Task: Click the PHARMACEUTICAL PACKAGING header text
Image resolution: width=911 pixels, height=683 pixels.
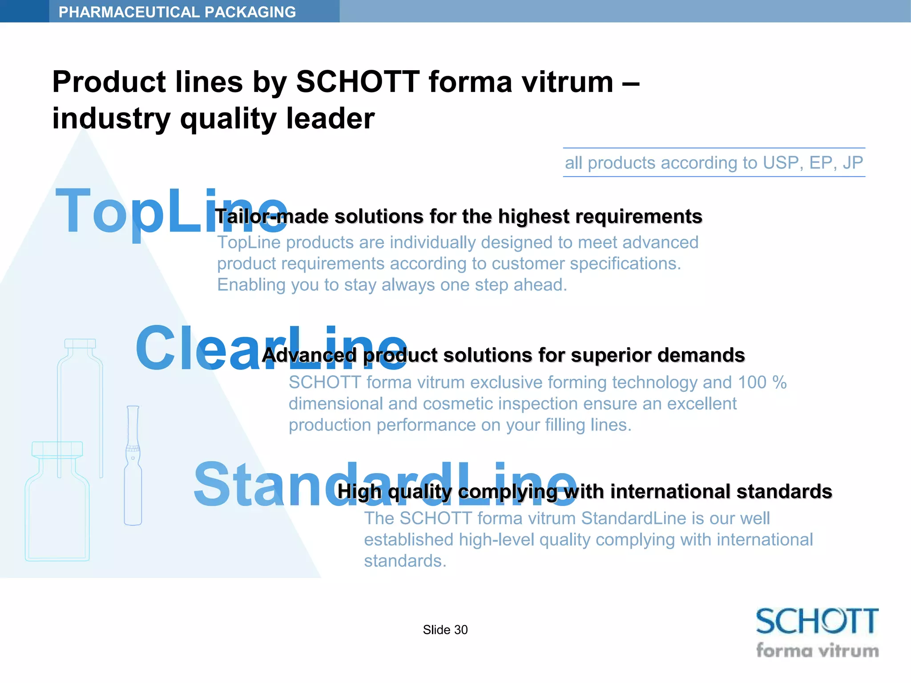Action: click(177, 12)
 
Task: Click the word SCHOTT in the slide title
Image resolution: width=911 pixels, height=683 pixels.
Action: click(358, 82)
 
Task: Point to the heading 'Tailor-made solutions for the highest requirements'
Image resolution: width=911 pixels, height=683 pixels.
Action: click(459, 217)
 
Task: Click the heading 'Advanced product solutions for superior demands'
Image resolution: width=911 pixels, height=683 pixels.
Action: click(503, 355)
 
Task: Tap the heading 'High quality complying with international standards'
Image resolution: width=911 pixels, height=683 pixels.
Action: click(584, 492)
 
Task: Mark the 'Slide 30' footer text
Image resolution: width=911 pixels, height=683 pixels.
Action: click(445, 630)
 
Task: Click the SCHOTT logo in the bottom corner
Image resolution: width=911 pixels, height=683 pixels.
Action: click(817, 621)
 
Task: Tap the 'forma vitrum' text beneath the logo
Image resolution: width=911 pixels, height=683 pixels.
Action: click(817, 651)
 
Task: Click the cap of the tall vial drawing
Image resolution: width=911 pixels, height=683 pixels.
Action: click(80, 343)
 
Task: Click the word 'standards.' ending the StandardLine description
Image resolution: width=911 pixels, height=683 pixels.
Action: click(405, 561)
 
